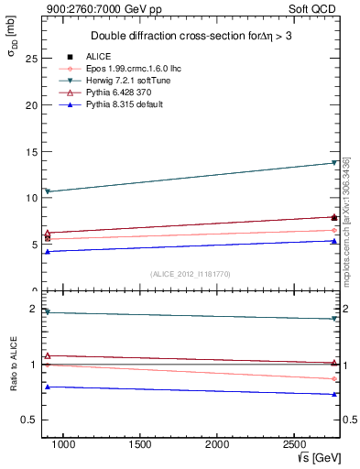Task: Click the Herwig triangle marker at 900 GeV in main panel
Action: tap(48, 191)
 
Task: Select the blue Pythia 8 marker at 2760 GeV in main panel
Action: tap(334, 241)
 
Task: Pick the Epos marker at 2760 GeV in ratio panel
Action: tap(334, 378)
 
